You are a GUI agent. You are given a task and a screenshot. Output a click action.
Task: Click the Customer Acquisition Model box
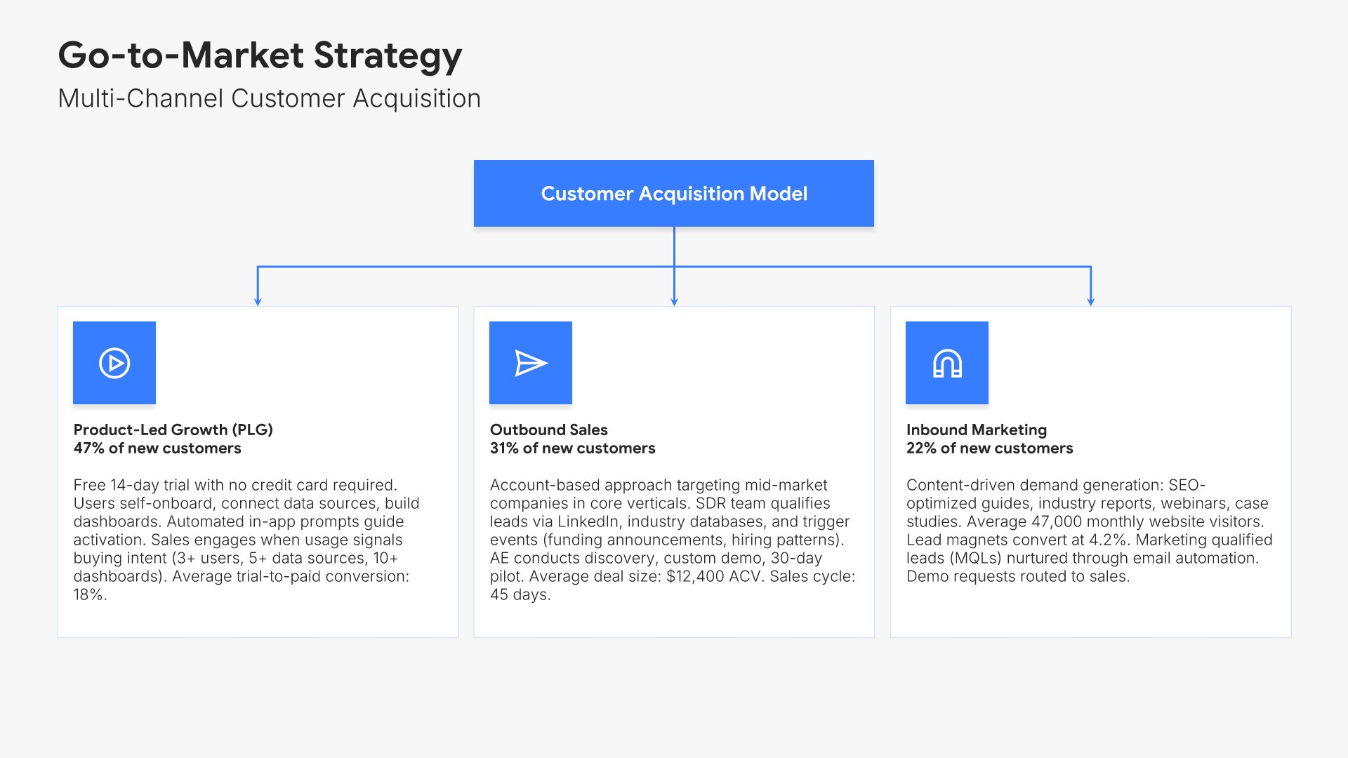click(674, 193)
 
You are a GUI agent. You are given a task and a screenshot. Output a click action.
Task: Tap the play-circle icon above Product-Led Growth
click(114, 363)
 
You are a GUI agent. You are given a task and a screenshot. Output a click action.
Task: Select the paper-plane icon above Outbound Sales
click(531, 363)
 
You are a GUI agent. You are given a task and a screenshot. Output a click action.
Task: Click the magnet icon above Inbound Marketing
click(947, 363)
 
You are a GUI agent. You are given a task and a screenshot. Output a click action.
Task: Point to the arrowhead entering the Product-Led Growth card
click(258, 302)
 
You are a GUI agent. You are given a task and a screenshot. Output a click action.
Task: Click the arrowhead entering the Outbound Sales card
click(674, 302)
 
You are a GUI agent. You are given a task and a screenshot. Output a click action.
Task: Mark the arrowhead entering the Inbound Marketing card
click(1090, 302)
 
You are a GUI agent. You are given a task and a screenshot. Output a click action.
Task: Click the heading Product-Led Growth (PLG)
click(173, 430)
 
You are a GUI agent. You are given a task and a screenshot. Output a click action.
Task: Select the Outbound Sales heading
click(549, 430)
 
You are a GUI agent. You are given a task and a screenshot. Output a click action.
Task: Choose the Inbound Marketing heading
click(977, 430)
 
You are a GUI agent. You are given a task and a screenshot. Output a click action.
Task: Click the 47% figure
click(89, 448)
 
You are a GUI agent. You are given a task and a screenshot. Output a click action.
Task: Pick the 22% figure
click(921, 448)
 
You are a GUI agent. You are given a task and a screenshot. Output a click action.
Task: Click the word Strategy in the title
click(388, 56)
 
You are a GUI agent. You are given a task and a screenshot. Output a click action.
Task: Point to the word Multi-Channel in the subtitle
click(140, 98)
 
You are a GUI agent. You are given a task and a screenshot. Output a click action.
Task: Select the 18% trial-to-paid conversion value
click(90, 594)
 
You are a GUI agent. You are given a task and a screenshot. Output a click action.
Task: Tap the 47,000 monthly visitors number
click(1057, 521)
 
